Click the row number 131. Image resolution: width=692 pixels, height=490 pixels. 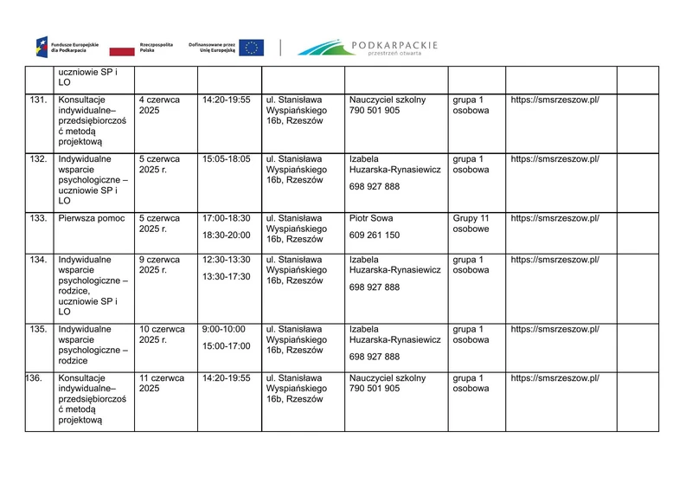38,100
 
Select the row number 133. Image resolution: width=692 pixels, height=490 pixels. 38,218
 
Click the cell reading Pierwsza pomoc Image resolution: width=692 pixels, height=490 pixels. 91,218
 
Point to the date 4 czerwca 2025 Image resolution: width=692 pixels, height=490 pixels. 159,106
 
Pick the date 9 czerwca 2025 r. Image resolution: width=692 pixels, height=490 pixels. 159,264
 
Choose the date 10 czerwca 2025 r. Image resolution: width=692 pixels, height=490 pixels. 162,334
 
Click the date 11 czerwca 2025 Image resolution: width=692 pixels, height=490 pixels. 162,384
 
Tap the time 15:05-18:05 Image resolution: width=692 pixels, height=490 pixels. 226,159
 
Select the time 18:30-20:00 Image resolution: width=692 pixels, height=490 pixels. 226,235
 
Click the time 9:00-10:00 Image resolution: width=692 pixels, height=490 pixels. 222,329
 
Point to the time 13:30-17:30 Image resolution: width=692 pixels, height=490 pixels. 226,276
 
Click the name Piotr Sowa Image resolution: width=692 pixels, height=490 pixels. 371,218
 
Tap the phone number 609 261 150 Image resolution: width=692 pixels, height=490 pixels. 375,235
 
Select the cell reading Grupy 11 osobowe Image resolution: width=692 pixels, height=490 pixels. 471,223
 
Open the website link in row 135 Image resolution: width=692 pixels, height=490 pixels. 554,329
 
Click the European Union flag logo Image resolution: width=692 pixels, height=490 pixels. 252,48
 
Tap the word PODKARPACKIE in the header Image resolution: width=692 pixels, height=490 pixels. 394,43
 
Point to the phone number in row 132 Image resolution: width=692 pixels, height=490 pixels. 375,186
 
